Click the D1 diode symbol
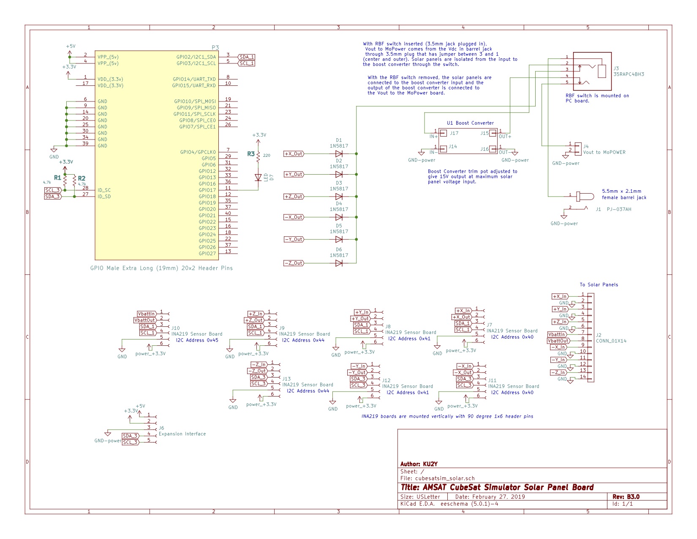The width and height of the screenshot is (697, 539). [338, 154]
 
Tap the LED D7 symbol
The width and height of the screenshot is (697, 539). [258, 177]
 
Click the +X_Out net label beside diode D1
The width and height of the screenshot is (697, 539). [294, 154]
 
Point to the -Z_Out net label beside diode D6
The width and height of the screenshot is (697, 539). [294, 263]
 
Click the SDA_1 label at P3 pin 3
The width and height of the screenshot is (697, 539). [246, 57]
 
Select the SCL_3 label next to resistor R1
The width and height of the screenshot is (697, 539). [53, 190]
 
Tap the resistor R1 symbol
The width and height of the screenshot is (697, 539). [65, 181]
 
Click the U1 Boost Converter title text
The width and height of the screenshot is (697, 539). [470, 123]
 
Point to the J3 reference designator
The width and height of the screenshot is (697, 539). [616, 68]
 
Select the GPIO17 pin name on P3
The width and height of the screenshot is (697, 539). [207, 190]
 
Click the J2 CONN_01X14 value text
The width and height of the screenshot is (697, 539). [611, 341]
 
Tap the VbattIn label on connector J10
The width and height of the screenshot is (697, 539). [146, 314]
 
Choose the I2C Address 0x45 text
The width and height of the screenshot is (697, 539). [197, 340]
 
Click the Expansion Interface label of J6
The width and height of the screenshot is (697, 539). [182, 434]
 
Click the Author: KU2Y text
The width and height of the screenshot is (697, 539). [419, 464]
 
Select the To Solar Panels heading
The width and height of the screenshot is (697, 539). [599, 285]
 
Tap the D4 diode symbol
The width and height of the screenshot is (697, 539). [338, 217]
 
